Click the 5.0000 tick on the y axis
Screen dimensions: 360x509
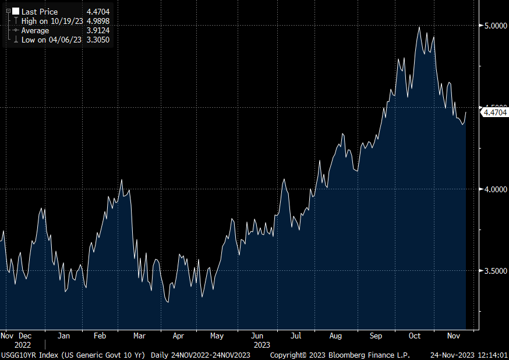(x=492, y=26)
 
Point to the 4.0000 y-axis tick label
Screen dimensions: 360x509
(x=492, y=189)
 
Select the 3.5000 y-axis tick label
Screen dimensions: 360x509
(x=492, y=271)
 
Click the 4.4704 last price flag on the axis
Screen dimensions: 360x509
(x=493, y=112)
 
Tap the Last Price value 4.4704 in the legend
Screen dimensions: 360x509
(x=98, y=12)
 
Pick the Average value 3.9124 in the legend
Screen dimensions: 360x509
(x=98, y=30)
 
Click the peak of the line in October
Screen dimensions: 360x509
(x=419, y=27)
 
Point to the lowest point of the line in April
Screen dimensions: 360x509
(x=168, y=302)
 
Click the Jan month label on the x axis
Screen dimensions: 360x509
(x=64, y=336)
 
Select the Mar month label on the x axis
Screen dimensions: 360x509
(x=139, y=336)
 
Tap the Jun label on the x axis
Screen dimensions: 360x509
(x=257, y=336)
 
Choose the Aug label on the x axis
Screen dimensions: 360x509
(x=335, y=336)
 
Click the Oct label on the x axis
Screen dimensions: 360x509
(x=415, y=336)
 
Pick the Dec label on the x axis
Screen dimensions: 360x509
(x=26, y=336)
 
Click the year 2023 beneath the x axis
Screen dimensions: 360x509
(x=261, y=345)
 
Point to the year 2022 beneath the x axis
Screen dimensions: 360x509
(x=23, y=345)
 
